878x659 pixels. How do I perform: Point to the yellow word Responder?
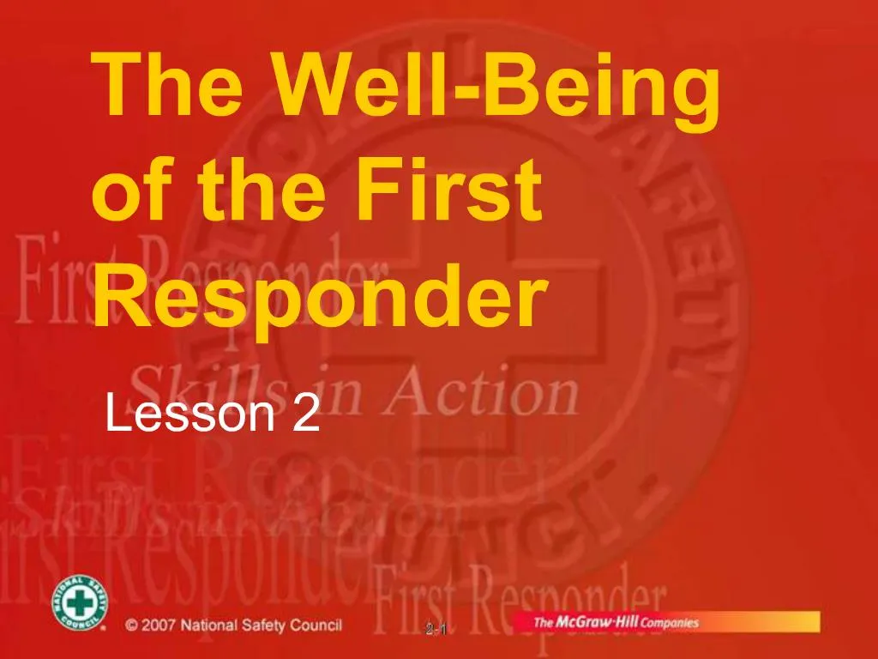(x=319, y=295)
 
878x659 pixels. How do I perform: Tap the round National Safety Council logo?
(x=80, y=604)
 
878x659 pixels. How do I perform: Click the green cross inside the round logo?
(x=80, y=604)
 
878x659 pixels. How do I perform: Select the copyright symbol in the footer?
(x=131, y=626)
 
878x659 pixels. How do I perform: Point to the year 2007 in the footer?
(x=162, y=626)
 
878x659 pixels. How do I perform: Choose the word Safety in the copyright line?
(x=262, y=626)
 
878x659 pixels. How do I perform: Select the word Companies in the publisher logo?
(x=672, y=623)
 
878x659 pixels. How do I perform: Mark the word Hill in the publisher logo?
(x=628, y=622)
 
